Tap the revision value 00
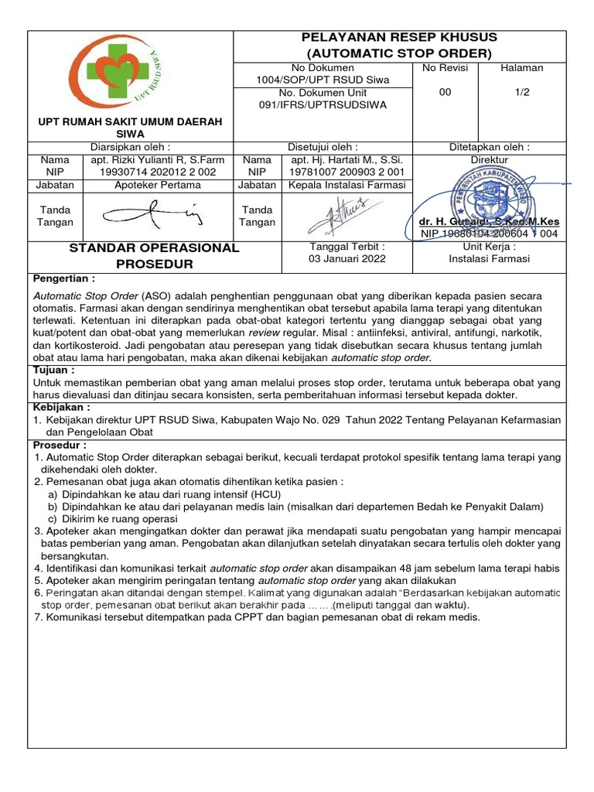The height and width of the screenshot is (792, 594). pyautogui.click(x=445, y=92)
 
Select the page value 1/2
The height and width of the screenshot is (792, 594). pyautogui.click(x=522, y=92)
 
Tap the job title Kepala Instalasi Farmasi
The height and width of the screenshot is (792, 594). pyautogui.click(x=347, y=185)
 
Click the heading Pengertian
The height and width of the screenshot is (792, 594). pyautogui.click(x=64, y=278)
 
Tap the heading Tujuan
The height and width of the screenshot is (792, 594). pyautogui.click(x=53, y=370)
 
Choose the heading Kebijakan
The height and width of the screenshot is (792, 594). pyautogui.click(x=62, y=407)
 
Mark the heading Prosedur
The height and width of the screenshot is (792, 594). pyautogui.click(x=60, y=445)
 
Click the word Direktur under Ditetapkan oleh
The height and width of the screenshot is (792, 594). pyautogui.click(x=490, y=159)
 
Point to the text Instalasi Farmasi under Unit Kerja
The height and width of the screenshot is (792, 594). pyautogui.click(x=490, y=259)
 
